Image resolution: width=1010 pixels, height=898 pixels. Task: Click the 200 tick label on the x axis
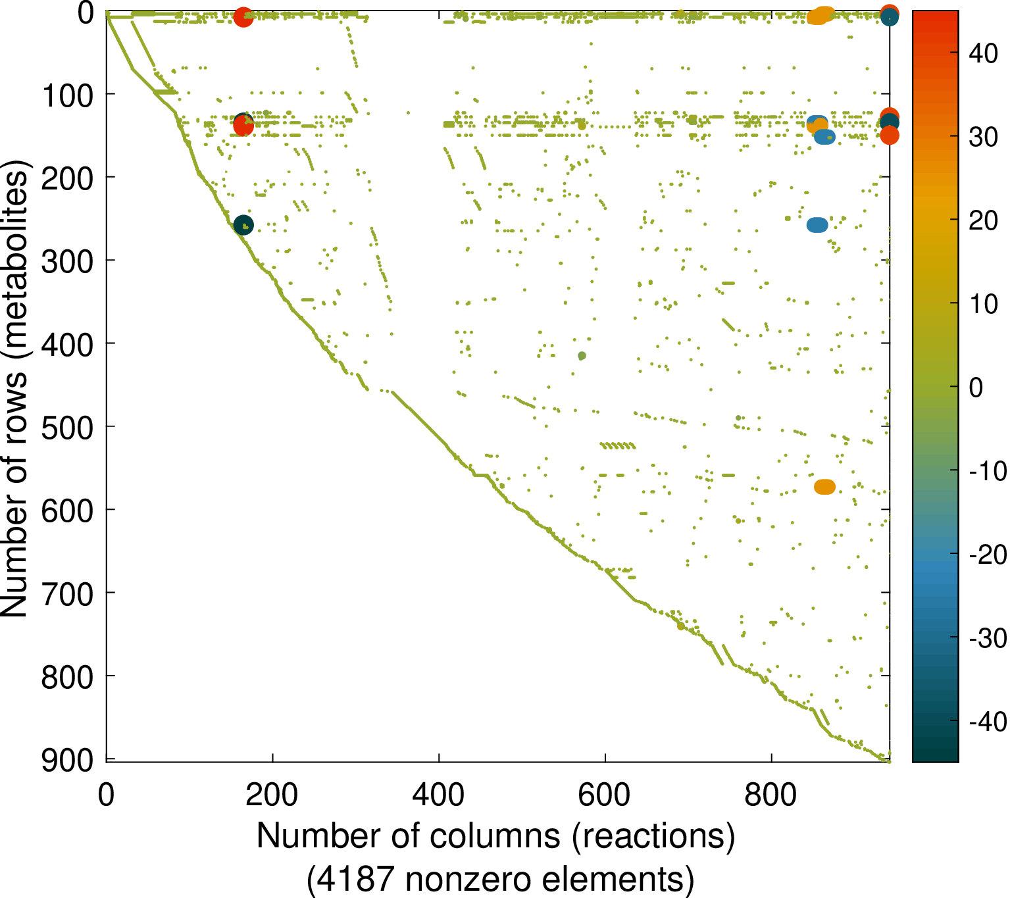pos(272,795)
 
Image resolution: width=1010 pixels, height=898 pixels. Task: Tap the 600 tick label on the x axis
pos(604,795)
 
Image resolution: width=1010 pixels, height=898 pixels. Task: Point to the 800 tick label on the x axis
pos(770,795)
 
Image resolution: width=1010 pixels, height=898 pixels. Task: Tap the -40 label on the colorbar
pos(988,722)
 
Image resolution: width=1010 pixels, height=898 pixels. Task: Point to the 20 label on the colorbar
pos(984,221)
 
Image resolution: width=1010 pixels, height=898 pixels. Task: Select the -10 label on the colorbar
pos(988,471)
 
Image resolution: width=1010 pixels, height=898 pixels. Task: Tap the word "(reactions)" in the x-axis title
pos(653,836)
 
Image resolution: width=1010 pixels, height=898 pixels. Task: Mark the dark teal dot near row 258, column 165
pos(243,225)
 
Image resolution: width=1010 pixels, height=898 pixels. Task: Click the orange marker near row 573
pos(824,487)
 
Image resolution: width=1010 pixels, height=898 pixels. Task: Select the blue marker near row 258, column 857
pos(817,225)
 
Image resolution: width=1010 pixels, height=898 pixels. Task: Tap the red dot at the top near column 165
pos(243,16)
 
